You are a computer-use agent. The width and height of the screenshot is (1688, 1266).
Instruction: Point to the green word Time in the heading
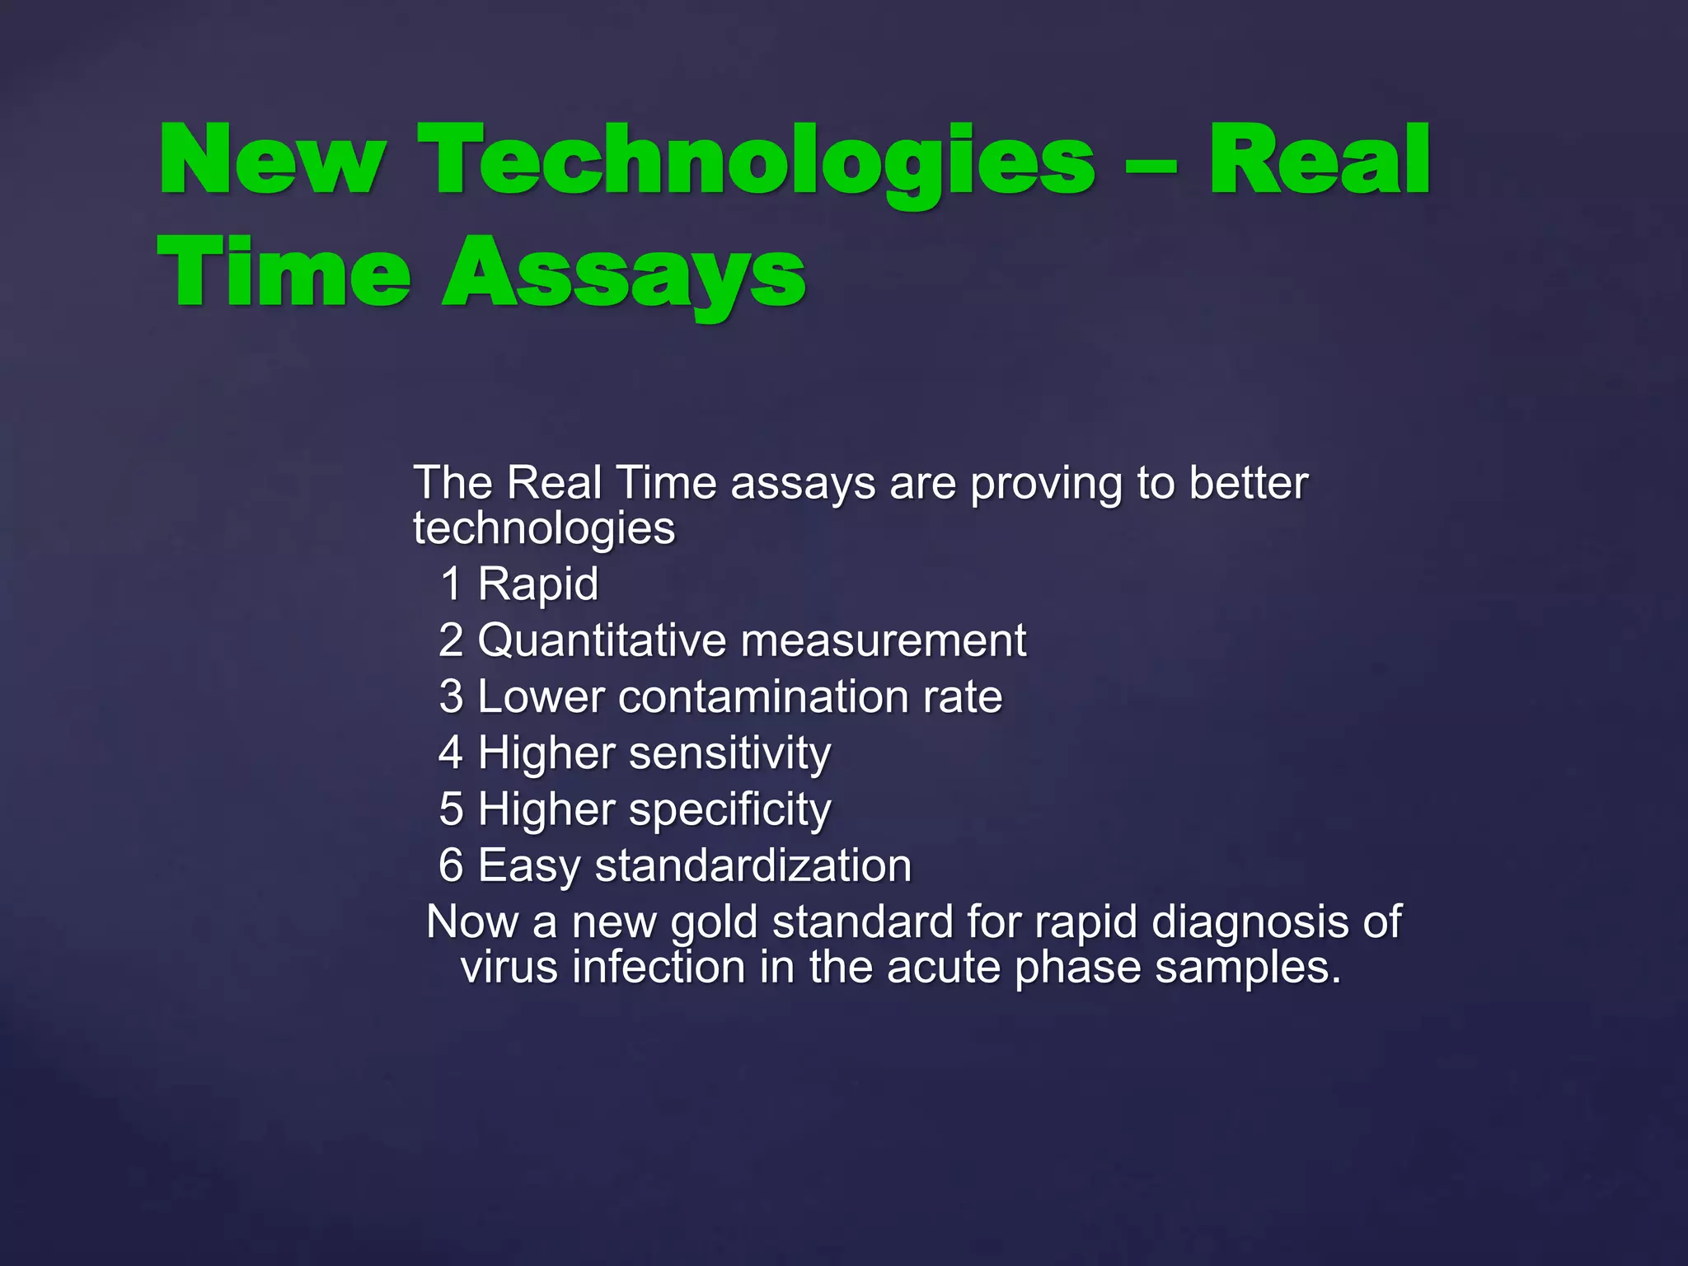(x=284, y=272)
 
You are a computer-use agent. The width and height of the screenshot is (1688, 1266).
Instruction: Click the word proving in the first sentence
(x=1045, y=485)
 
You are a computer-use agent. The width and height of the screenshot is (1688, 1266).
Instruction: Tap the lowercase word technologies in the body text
(x=544, y=528)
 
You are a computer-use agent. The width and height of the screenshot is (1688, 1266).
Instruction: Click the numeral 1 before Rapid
(x=451, y=584)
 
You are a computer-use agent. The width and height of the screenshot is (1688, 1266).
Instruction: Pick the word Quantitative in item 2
(x=603, y=641)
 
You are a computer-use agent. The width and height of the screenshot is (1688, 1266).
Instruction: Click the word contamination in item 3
(x=762, y=697)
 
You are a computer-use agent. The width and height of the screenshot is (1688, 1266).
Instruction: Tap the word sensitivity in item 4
(x=729, y=754)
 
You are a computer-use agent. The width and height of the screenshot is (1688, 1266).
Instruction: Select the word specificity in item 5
(x=729, y=810)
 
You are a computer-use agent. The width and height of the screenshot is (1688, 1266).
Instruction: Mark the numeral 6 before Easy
(x=451, y=865)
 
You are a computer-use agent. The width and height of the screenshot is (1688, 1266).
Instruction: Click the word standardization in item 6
(x=753, y=866)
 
